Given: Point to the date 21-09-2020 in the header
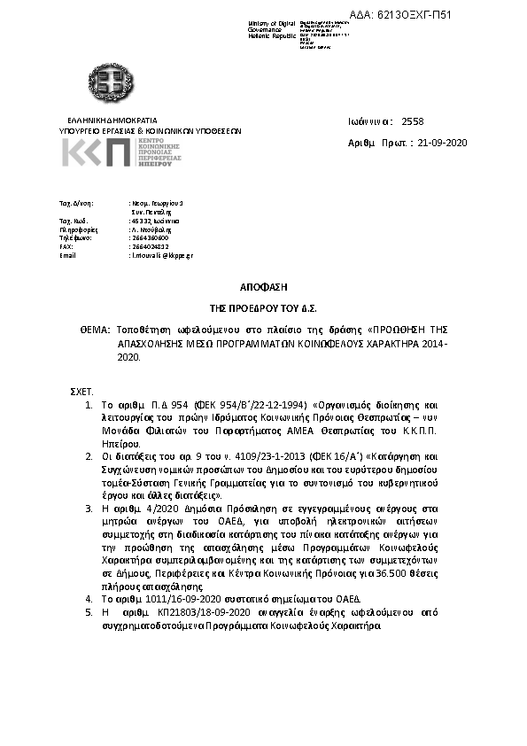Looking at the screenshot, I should (442, 142).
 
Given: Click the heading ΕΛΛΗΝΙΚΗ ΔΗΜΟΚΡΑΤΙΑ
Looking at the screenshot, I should (112, 119).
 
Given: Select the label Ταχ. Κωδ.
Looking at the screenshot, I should (72, 220).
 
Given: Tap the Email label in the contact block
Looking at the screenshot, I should (67, 254).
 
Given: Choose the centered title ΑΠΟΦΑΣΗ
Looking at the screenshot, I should (263, 287).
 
